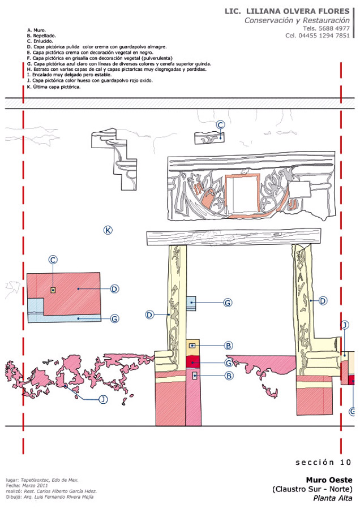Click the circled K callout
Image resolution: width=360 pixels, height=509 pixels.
click(108, 230)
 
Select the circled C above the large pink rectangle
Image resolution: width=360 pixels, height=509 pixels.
click(53, 260)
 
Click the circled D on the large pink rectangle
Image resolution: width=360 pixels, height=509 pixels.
click(114, 289)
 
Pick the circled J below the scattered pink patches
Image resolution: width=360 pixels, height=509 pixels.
click(103, 399)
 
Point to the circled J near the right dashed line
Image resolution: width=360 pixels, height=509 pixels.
click(345, 325)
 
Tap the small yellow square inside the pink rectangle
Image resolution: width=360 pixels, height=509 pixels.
click(53, 290)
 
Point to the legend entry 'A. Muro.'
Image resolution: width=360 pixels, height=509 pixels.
click(36, 30)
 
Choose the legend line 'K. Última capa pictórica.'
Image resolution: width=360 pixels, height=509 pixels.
click(54, 87)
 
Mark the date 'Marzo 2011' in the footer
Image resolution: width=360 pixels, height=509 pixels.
click(35, 486)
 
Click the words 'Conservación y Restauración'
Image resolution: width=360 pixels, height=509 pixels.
click(297, 20)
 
